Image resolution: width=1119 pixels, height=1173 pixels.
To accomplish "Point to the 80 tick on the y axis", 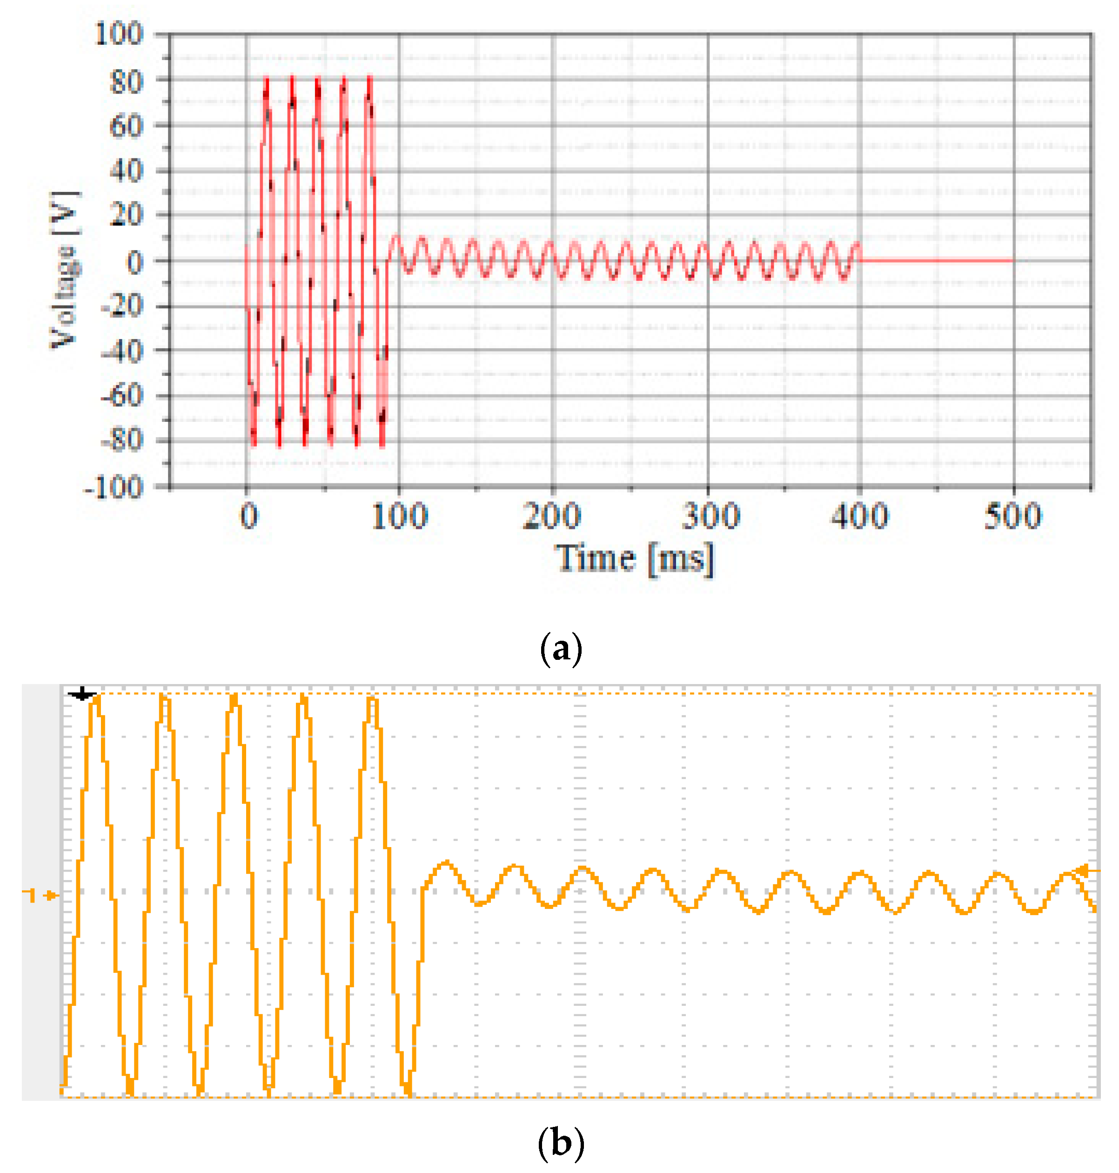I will pyautogui.click(x=127, y=81).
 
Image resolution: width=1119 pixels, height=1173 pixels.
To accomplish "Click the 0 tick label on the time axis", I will pyautogui.click(x=249, y=516).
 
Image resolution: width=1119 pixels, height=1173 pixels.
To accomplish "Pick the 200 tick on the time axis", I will pyautogui.click(x=552, y=516).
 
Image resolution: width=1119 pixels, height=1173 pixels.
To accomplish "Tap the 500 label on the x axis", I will pyautogui.click(x=1013, y=516).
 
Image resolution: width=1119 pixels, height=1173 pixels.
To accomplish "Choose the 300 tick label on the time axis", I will pyautogui.click(x=710, y=516).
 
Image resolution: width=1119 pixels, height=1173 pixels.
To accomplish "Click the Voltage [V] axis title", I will pyautogui.click(x=64, y=270).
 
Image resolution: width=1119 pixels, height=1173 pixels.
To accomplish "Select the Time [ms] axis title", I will pyautogui.click(x=635, y=559).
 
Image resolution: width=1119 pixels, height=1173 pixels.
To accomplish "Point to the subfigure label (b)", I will pyautogui.click(x=560, y=1143).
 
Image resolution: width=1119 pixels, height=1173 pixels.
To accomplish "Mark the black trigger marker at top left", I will pyautogui.click(x=82, y=694).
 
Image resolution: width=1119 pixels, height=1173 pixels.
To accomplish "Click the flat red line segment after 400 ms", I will pyautogui.click(x=937, y=260).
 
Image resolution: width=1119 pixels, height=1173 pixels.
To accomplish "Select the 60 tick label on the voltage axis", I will pyautogui.click(x=127, y=127).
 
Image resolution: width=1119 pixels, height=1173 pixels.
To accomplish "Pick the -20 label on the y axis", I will pyautogui.click(x=122, y=306).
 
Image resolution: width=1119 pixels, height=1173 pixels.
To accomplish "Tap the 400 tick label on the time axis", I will pyautogui.click(x=860, y=516).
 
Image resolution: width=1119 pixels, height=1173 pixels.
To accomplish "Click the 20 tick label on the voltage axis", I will pyautogui.click(x=127, y=215).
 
